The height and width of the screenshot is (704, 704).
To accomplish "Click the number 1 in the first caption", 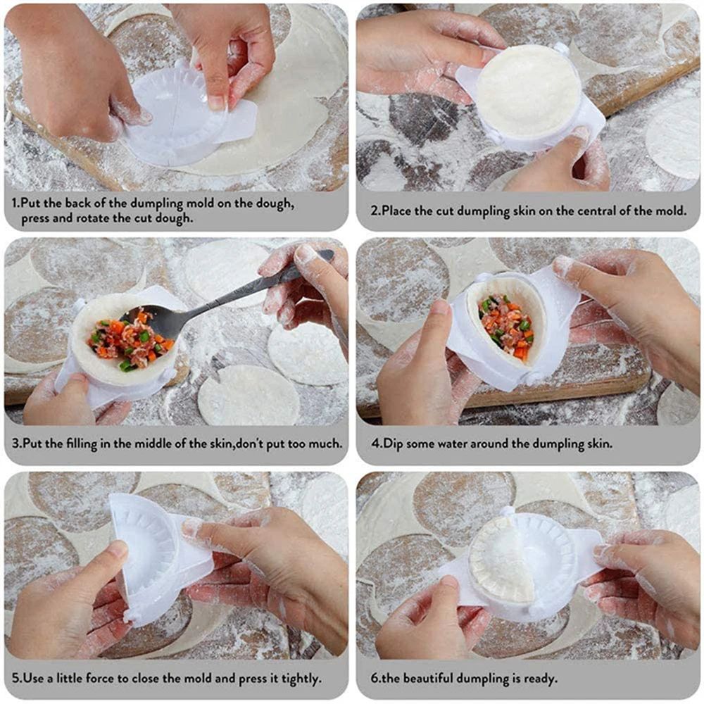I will pyautogui.click(x=15, y=203).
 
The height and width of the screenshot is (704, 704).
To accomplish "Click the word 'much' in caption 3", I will pyautogui.click(x=327, y=444).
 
